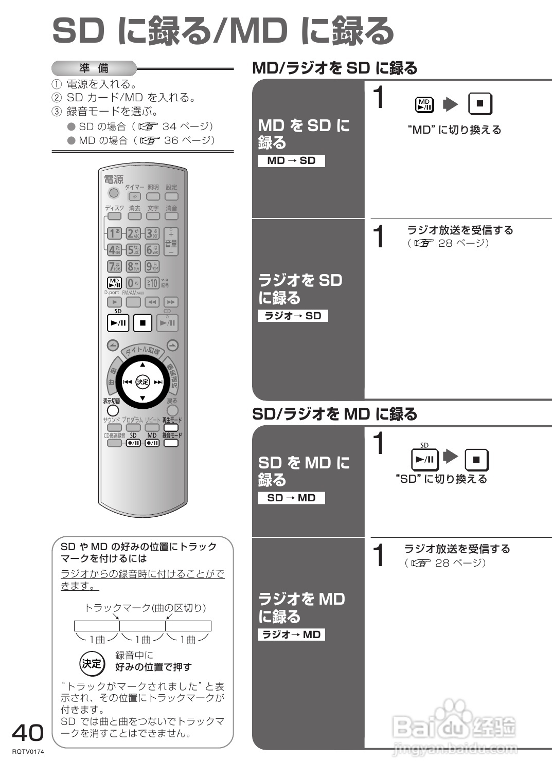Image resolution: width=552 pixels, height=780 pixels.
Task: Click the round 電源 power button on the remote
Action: click(114, 193)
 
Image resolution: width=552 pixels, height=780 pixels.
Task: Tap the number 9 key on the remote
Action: click(151, 266)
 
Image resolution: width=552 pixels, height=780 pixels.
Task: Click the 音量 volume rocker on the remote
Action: click(171, 242)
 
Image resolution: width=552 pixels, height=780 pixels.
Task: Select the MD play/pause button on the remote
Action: click(114, 282)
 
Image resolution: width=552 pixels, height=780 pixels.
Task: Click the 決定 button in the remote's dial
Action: click(143, 381)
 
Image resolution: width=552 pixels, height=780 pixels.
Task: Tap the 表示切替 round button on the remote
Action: click(113, 410)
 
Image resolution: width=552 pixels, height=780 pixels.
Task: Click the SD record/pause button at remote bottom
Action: click(133, 443)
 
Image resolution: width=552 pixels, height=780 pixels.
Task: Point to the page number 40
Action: click(28, 733)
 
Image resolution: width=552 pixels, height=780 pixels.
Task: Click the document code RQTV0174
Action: click(28, 752)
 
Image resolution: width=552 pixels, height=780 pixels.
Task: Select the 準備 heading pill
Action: click(94, 68)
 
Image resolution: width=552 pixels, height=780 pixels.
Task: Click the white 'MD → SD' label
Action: click(291, 160)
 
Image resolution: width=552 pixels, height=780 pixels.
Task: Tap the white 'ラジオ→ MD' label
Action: click(291, 634)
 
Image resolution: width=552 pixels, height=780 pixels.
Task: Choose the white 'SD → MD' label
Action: click(291, 498)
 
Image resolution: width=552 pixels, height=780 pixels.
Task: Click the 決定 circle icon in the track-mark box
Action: click(92, 663)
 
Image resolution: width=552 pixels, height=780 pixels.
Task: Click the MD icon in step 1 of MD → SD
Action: click(424, 104)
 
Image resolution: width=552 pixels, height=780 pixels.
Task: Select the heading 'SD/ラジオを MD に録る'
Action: click(334, 414)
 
